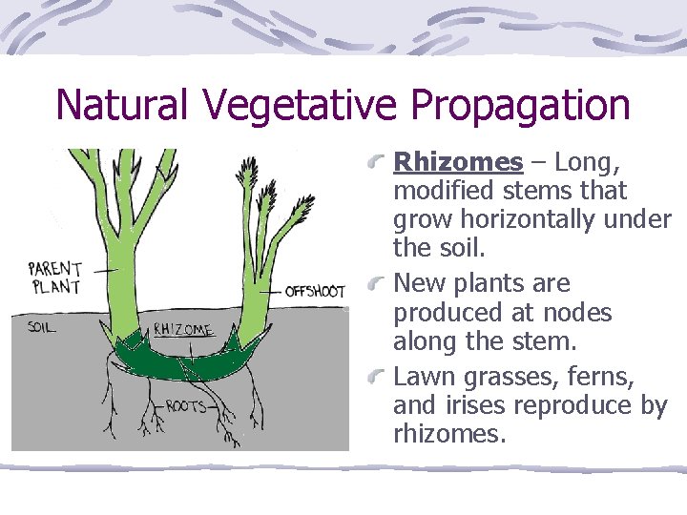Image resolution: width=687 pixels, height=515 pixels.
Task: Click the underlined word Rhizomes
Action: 458,162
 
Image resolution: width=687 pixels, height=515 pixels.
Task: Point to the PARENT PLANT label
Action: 55,278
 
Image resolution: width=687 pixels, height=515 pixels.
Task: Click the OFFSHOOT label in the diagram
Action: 315,292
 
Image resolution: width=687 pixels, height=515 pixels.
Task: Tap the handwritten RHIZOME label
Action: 183,330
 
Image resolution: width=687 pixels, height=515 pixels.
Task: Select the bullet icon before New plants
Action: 381,282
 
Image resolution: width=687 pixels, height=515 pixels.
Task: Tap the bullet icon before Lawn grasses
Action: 381,375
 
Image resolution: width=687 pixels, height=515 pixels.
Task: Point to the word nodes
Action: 576,313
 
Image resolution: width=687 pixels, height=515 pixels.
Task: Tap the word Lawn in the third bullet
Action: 422,377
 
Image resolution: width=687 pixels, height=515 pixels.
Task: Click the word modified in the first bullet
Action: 442,191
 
